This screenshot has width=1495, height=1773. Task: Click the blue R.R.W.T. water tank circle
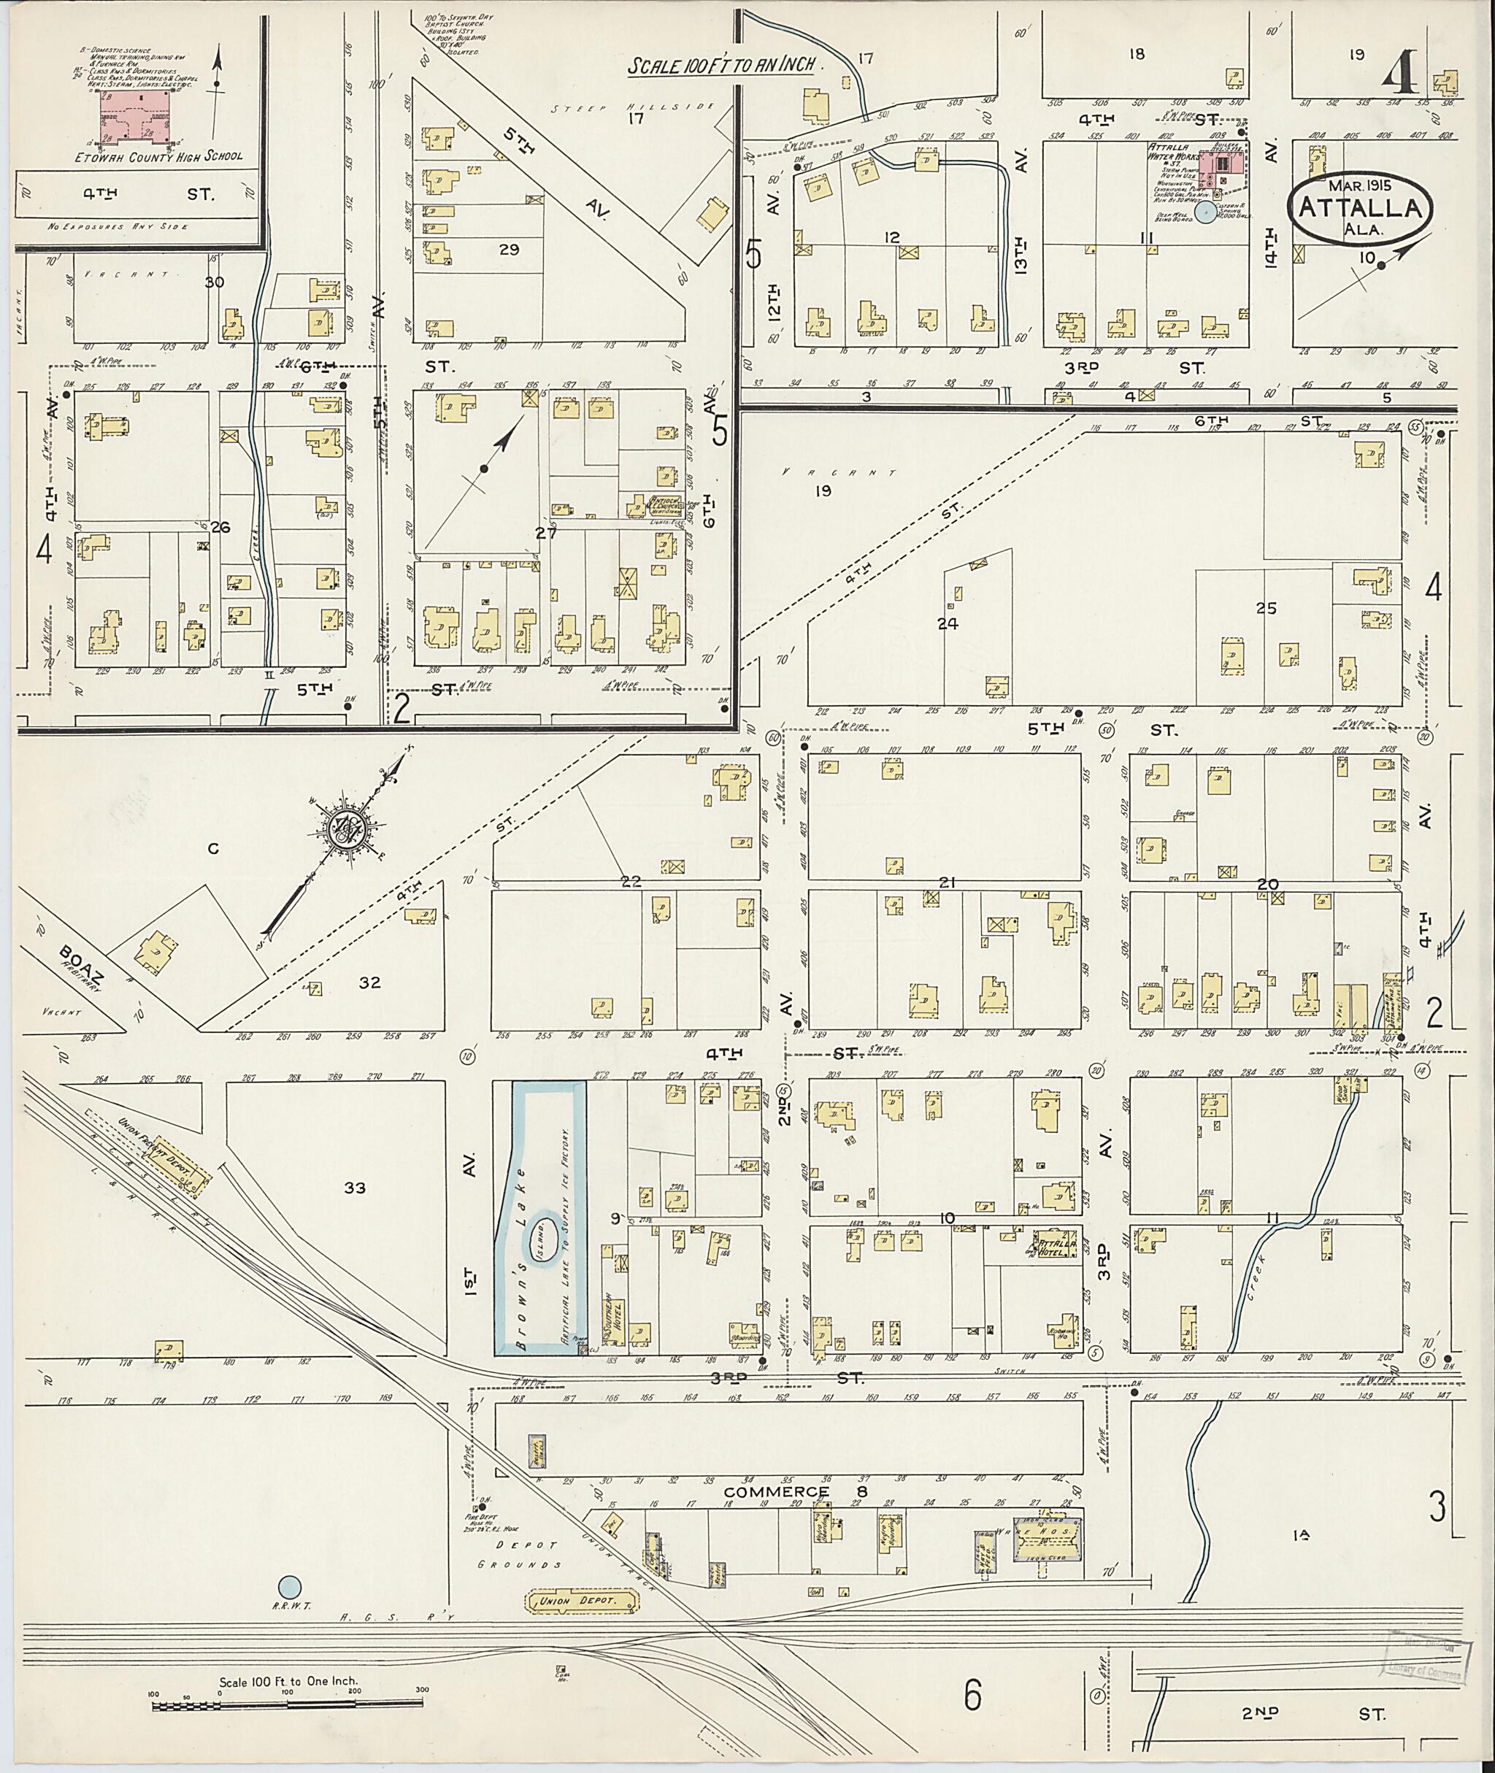click(290, 1584)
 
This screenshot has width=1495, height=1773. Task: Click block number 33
click(354, 1188)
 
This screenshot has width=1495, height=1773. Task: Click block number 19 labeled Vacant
click(822, 490)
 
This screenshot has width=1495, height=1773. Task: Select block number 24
click(947, 624)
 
